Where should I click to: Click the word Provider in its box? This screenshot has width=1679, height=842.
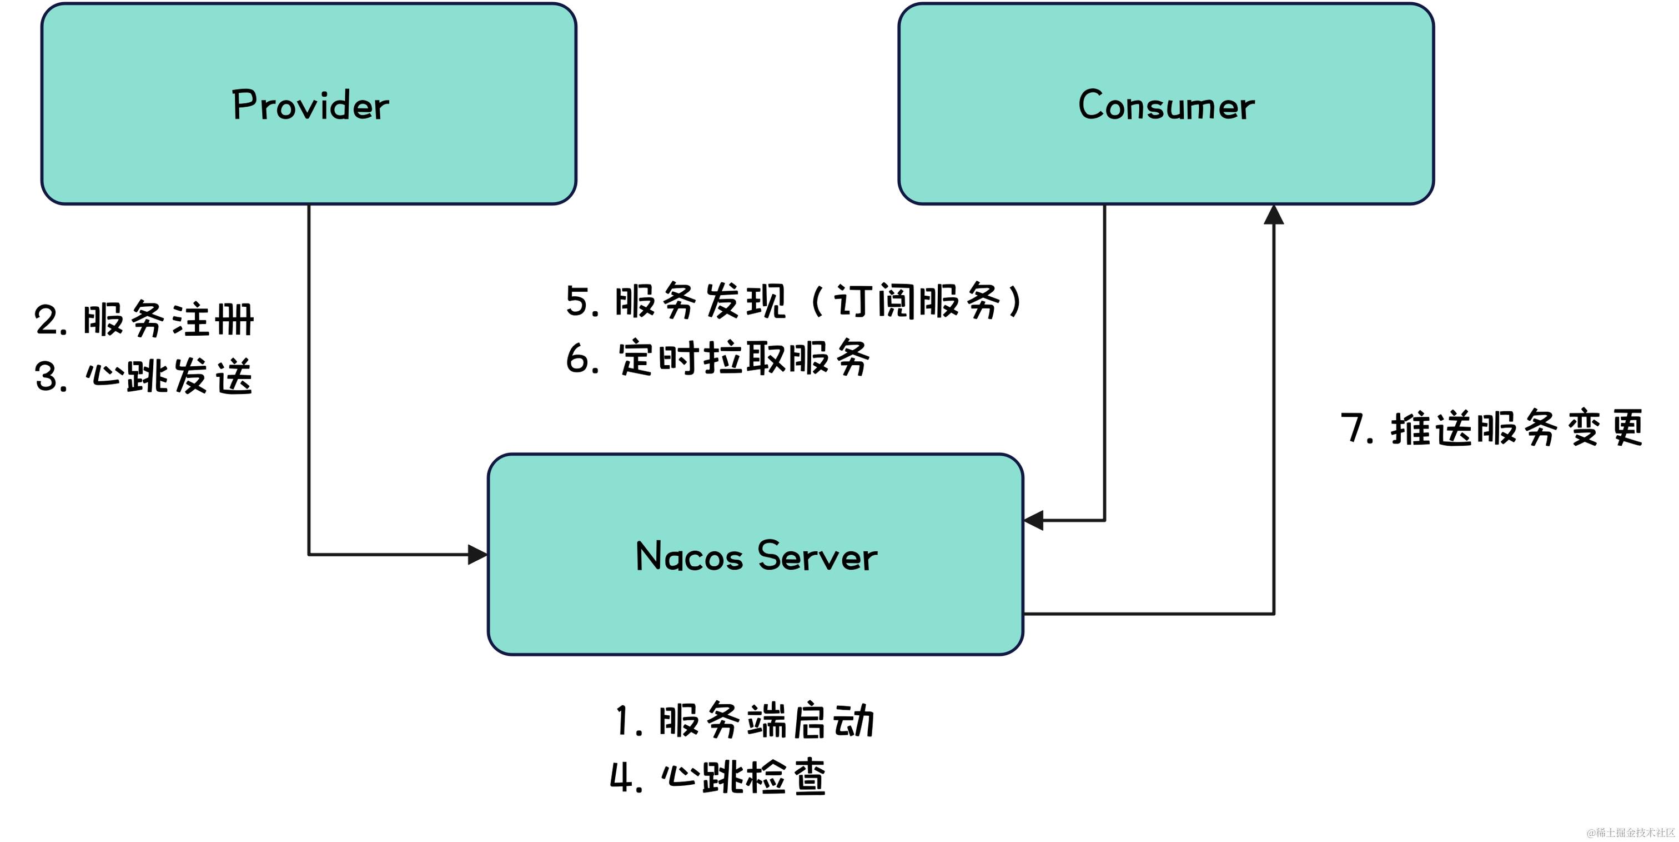[310, 105]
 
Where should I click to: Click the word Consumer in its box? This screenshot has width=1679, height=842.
[1165, 105]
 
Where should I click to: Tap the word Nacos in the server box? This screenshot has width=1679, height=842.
[689, 556]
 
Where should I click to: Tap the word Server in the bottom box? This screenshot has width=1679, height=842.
[817, 556]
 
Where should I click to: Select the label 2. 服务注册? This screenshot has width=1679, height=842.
[144, 320]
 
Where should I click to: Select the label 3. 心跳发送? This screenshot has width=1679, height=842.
[143, 376]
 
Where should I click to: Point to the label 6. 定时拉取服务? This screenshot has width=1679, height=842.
[717, 358]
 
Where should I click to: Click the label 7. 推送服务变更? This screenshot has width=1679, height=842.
[1492, 429]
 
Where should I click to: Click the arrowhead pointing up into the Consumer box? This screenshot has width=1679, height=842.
[1274, 215]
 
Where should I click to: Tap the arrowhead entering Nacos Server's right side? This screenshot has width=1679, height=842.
[1034, 520]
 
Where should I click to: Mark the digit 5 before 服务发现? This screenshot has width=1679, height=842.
[577, 301]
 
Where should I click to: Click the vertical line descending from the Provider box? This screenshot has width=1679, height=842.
[309, 378]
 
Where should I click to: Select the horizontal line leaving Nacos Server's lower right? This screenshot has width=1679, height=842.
[1147, 614]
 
